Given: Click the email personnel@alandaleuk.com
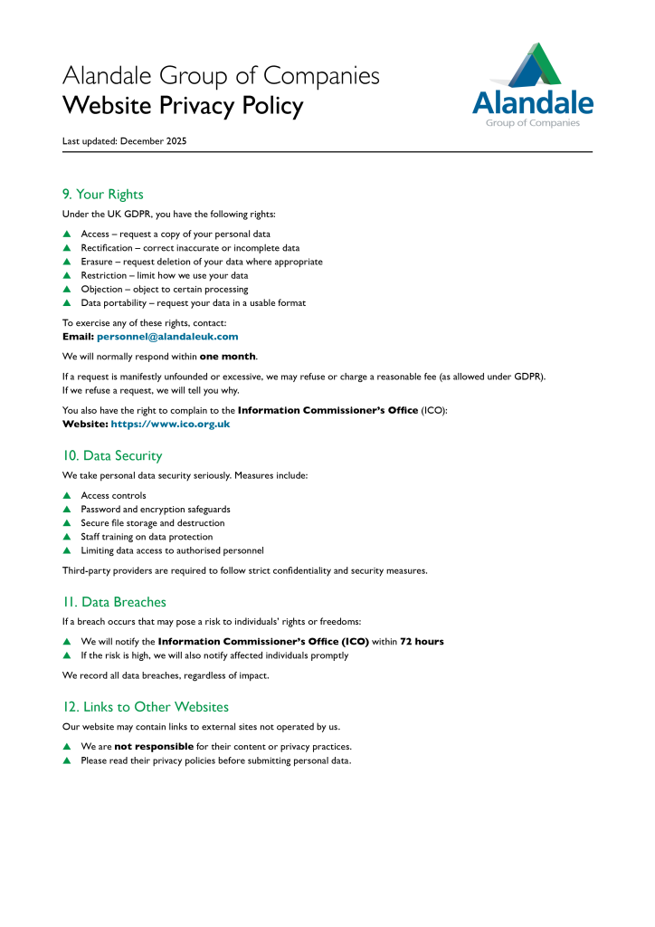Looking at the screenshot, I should click(167, 337).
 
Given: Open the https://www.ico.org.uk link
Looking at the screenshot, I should click(170, 424).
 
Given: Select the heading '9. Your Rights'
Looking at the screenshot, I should click(102, 195).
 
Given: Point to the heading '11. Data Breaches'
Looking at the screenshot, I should click(114, 602).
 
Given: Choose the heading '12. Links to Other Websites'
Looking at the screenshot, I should click(145, 707).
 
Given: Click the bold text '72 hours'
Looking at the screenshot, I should click(422, 642).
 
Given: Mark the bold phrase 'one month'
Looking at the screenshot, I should click(228, 356).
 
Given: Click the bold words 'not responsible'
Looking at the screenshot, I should click(154, 747).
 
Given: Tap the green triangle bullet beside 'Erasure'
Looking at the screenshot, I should click(66, 262).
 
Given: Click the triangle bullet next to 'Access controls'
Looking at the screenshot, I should click(66, 496).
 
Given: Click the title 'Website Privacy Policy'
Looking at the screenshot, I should click(183, 106).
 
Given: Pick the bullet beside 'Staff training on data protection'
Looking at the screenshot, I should click(66, 537).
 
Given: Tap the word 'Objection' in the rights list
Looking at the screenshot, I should click(101, 289).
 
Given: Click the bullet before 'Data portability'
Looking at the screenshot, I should click(66, 303).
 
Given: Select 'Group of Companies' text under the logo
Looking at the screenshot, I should click(533, 123).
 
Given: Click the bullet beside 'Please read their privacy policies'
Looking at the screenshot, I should click(66, 761).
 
